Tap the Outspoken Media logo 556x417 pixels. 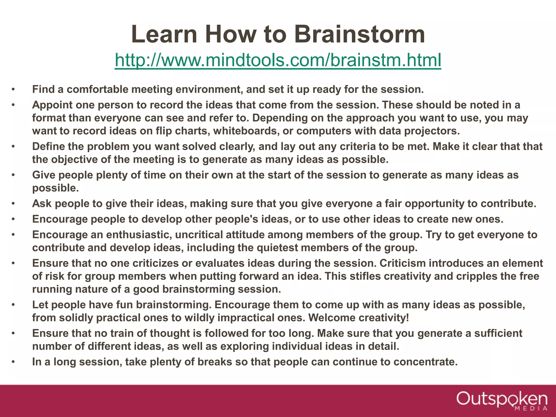click(502, 400)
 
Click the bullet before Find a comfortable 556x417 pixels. click(13, 90)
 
